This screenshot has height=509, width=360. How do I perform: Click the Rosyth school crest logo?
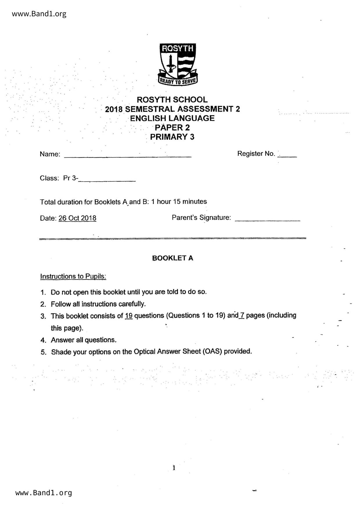click(x=178, y=64)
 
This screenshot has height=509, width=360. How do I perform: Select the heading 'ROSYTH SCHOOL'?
click(x=172, y=100)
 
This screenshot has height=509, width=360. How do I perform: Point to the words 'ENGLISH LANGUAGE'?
click(x=172, y=118)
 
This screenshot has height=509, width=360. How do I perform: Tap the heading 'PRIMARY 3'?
click(x=172, y=137)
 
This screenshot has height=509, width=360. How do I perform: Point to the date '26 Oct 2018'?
click(x=77, y=218)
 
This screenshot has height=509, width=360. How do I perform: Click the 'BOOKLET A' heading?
click(x=172, y=258)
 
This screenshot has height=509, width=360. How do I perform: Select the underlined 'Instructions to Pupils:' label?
click(x=73, y=276)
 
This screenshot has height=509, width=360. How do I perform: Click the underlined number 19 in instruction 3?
click(x=129, y=316)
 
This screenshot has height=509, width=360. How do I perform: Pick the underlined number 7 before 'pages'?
click(x=242, y=315)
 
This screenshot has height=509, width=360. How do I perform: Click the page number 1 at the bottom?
click(x=174, y=468)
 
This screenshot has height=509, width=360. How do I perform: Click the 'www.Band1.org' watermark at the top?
click(x=39, y=14)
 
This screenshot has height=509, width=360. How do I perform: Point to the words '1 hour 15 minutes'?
click(x=179, y=201)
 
